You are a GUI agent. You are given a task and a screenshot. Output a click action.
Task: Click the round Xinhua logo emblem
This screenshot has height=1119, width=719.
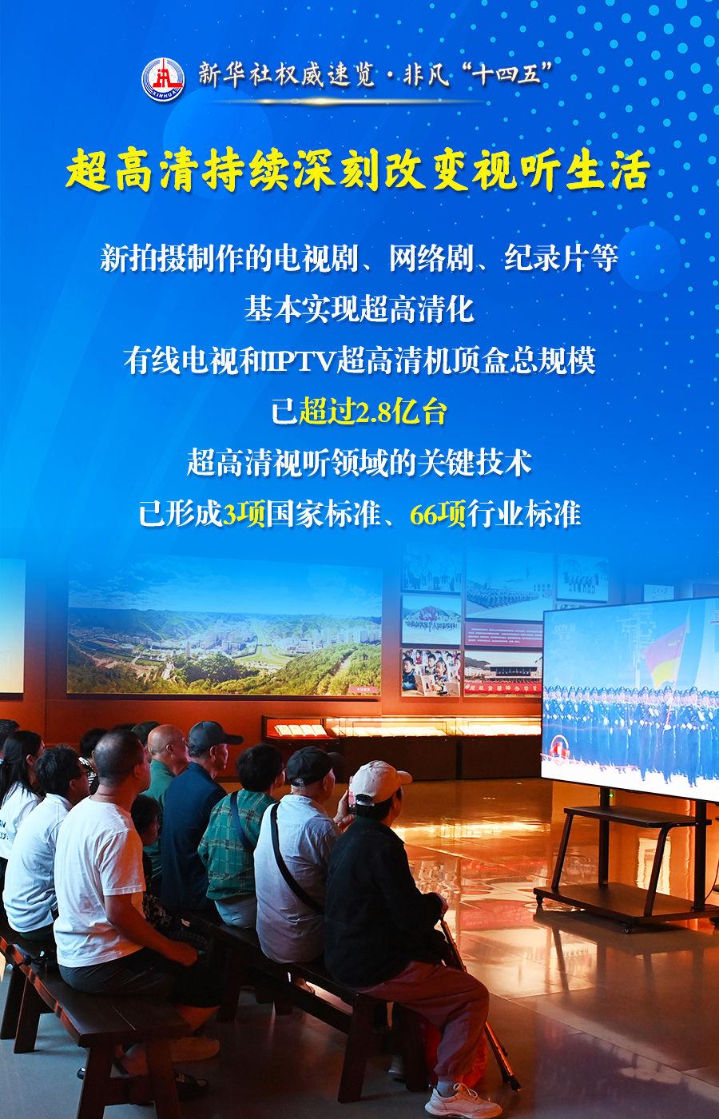163,80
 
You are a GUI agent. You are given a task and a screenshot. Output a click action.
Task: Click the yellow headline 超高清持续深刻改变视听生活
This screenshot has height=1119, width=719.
359,171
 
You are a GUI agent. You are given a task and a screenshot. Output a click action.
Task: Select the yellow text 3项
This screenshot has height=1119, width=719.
244,515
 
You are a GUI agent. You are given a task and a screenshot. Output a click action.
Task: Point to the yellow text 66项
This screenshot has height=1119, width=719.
438,515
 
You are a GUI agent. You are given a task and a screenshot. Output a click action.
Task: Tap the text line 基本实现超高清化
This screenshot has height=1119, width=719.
359,309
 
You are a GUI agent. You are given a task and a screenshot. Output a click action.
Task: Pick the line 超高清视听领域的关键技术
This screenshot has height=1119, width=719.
359,463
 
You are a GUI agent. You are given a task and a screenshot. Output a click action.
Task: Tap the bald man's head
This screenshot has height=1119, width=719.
167,743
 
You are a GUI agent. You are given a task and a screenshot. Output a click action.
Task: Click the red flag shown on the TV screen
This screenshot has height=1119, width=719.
666,651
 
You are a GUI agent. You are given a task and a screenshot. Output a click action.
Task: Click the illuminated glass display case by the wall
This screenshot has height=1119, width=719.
399,727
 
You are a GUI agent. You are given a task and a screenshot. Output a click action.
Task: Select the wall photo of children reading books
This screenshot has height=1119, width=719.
431,672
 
